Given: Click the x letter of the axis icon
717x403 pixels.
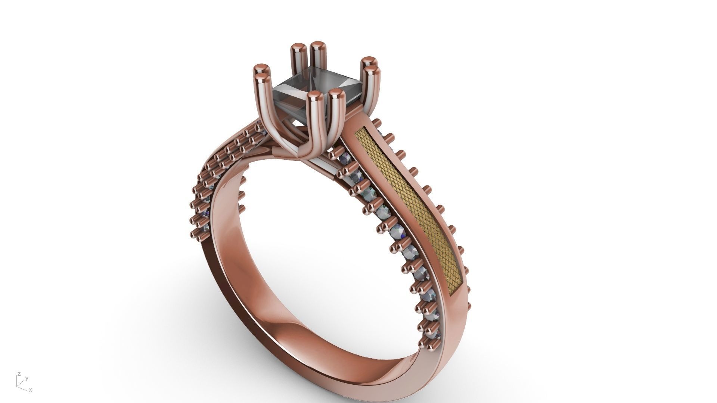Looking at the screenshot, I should (x=31, y=390).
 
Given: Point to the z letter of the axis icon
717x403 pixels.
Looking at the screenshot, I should (x=19, y=374).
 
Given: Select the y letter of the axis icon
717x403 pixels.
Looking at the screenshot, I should (x=27, y=378).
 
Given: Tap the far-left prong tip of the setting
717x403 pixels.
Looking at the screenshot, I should (x=261, y=69).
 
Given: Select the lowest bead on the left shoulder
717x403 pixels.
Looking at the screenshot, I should (x=195, y=234).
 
